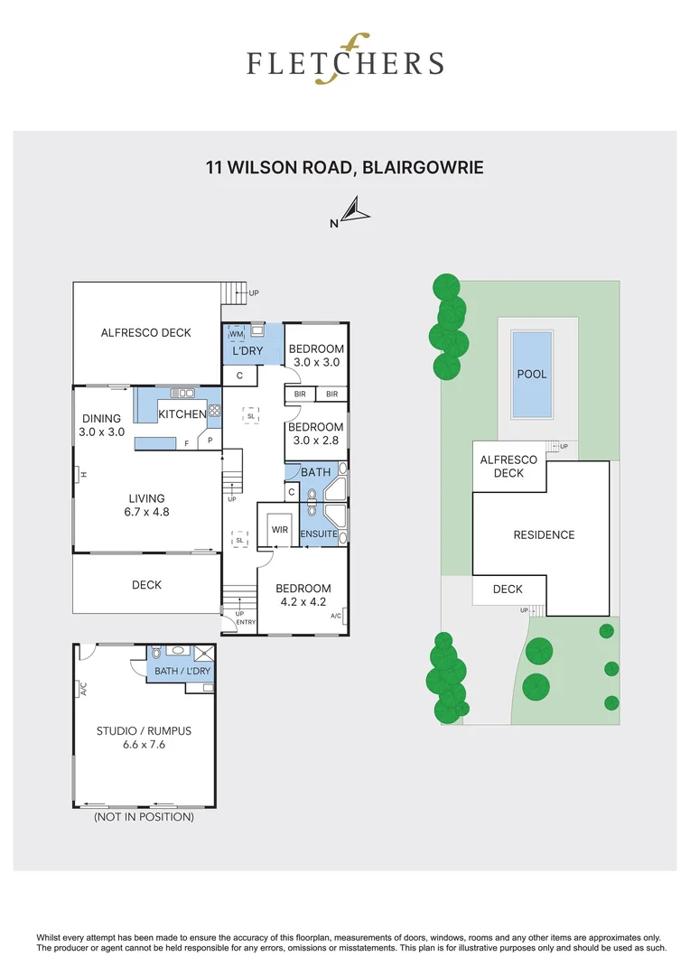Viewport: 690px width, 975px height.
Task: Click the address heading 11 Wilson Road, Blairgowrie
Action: (x=344, y=167)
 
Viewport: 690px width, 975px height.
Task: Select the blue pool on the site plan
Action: (x=532, y=374)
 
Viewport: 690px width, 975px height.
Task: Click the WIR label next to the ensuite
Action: (x=279, y=530)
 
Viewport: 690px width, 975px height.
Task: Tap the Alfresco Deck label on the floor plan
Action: (x=146, y=332)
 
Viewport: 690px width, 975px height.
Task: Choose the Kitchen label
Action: (x=182, y=413)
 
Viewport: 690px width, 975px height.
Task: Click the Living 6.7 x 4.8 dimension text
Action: (x=146, y=512)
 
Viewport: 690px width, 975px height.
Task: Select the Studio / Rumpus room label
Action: (x=145, y=731)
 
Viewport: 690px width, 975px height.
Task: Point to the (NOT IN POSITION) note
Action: (x=144, y=817)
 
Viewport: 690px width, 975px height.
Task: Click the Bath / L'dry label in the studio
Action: (x=182, y=671)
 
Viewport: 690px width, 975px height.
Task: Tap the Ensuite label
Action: (x=319, y=534)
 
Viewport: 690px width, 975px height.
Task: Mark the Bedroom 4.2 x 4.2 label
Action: (x=303, y=595)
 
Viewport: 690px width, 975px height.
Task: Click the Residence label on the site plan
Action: (x=544, y=534)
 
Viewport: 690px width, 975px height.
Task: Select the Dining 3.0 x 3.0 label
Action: (x=101, y=425)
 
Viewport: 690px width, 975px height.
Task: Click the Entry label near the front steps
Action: (x=246, y=622)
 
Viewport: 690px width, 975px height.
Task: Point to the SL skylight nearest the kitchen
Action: (x=250, y=415)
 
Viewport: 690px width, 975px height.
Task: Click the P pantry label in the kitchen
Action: (x=210, y=441)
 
